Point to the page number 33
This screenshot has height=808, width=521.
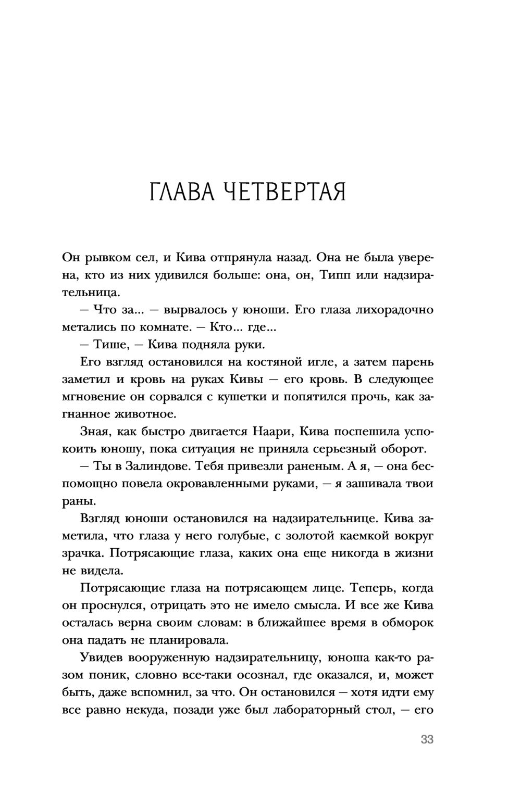427,739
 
